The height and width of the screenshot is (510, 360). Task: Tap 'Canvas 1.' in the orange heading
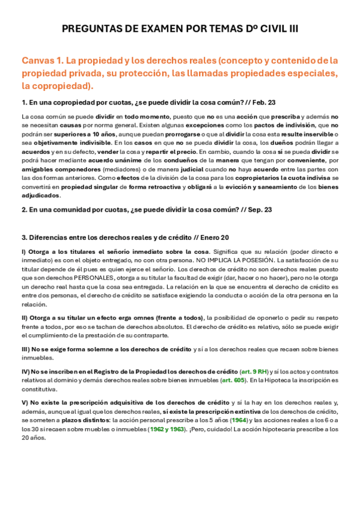(43, 60)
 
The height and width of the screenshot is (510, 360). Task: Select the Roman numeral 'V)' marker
(25, 402)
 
